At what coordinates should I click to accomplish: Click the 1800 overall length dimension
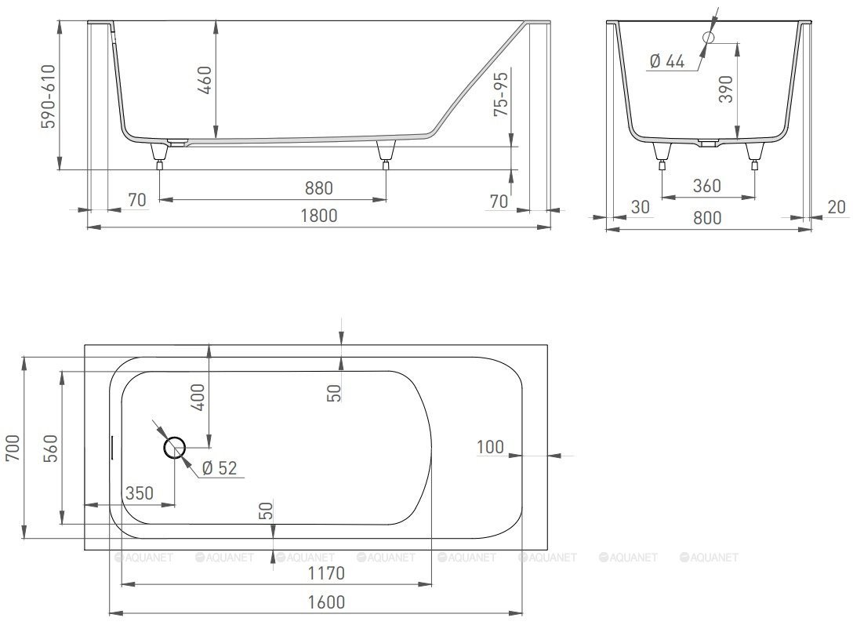pyautogui.click(x=319, y=216)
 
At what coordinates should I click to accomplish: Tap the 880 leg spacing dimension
pyautogui.click(x=319, y=188)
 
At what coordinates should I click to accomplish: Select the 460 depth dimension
pyautogui.click(x=205, y=79)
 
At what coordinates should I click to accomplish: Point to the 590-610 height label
pyautogui.click(x=49, y=96)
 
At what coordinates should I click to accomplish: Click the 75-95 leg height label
pyautogui.click(x=500, y=94)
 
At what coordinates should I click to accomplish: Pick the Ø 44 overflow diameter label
pyautogui.click(x=667, y=61)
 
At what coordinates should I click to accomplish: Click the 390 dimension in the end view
pyautogui.click(x=726, y=89)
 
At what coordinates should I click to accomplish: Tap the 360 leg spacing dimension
pyautogui.click(x=707, y=186)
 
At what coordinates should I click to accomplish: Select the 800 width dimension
pyautogui.click(x=707, y=217)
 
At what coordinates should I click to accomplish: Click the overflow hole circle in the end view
pyautogui.click(x=708, y=37)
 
